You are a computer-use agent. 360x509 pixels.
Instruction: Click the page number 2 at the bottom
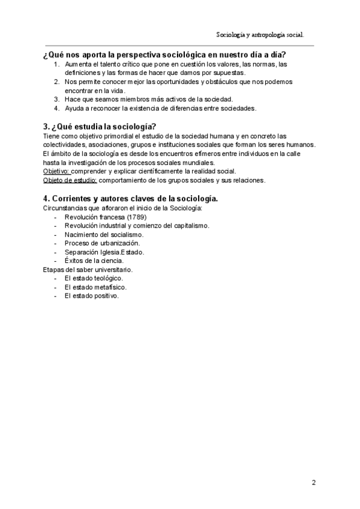tap(314, 482)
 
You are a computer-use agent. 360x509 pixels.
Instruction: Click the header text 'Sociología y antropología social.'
tap(264, 35)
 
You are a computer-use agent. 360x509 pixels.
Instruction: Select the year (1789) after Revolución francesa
tap(136, 217)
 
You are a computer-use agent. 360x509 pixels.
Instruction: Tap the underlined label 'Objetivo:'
tap(56, 171)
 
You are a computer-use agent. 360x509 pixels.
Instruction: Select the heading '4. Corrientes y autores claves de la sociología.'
tap(131, 198)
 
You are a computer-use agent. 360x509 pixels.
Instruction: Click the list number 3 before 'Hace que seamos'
tap(56, 99)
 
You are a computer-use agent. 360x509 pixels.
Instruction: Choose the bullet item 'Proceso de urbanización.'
tap(102, 243)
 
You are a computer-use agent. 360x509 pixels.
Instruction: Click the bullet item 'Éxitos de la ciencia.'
tap(94, 261)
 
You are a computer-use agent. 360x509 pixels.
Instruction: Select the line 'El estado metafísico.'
tap(95, 288)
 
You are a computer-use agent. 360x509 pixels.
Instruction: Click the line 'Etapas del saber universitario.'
tap(88, 270)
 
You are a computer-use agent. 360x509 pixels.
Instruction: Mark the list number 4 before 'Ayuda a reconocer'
tap(56, 108)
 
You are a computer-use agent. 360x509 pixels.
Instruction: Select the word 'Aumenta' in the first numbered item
tap(78, 64)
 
